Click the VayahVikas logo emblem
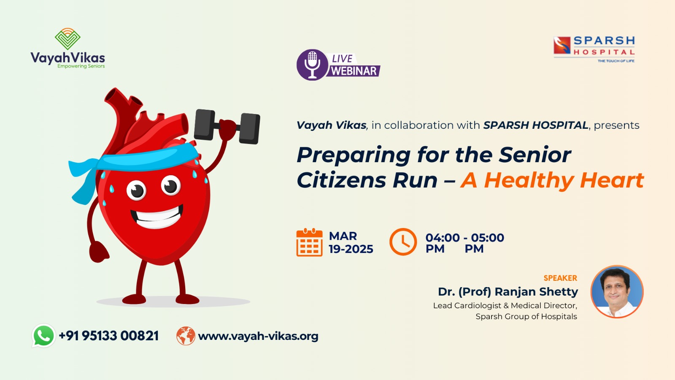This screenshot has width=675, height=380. coord(67,39)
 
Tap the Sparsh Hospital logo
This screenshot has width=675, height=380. coord(594,49)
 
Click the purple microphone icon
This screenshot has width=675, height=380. coord(313,65)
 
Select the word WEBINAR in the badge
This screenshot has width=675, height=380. coord(354,71)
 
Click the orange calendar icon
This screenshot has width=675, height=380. coord(310,242)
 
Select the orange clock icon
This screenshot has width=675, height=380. coord(403,242)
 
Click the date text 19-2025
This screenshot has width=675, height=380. coord(351,250)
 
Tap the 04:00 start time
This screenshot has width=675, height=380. coord(443,238)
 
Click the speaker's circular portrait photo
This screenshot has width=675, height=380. coord(617,292)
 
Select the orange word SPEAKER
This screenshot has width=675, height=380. coord(560,278)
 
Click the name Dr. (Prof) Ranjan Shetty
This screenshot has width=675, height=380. coord(508,292)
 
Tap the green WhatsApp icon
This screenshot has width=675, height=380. coord(44,336)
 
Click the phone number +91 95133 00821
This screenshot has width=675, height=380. coord(109,336)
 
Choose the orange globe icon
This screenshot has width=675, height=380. coord(186,336)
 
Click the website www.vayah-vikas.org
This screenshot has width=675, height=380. coord(258,336)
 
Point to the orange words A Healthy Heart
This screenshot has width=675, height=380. coord(552,180)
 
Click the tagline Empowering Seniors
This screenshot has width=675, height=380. coord(81,66)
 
